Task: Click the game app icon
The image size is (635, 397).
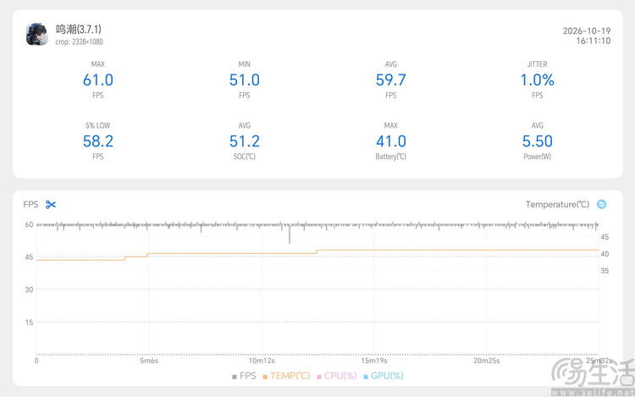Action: pyautogui.click(x=37, y=35)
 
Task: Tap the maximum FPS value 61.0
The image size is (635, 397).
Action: pyautogui.click(x=98, y=80)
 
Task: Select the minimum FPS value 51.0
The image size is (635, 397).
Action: pyautogui.click(x=244, y=80)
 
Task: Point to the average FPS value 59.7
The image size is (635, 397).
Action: pyautogui.click(x=391, y=80)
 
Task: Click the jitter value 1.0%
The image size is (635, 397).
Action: pyautogui.click(x=537, y=80)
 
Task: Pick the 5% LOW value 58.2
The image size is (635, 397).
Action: pyautogui.click(x=98, y=141)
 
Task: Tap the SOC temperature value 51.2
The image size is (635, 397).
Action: pyautogui.click(x=244, y=141)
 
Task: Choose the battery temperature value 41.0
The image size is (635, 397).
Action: pyautogui.click(x=391, y=141)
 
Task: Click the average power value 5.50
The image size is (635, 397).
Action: pyautogui.click(x=537, y=141)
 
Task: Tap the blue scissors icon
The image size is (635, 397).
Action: pyautogui.click(x=51, y=204)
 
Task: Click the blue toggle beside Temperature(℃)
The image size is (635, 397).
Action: pyautogui.click(x=601, y=204)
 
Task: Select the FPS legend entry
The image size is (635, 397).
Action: pyautogui.click(x=244, y=376)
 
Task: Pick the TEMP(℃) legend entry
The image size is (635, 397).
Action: pyautogui.click(x=286, y=376)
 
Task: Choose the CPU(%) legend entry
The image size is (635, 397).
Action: pyautogui.click(x=336, y=376)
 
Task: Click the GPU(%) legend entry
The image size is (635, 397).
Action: pyautogui.click(x=384, y=376)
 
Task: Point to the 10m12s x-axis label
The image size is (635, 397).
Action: pyautogui.click(x=262, y=361)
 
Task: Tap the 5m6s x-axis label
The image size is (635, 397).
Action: pyautogui.click(x=149, y=361)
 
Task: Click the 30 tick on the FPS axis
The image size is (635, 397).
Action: pyautogui.click(x=29, y=289)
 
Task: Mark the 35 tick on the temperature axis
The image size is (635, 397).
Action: pyautogui.click(x=605, y=271)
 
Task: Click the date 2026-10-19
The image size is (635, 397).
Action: pyautogui.click(x=587, y=30)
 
